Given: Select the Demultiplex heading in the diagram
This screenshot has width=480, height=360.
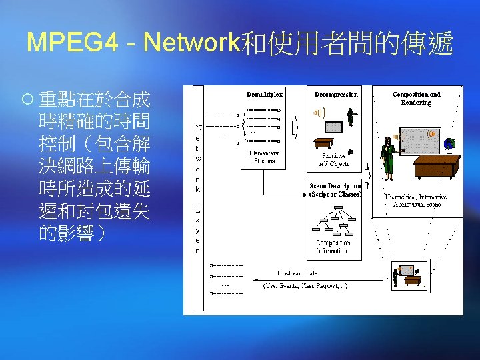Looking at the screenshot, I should click(264, 94).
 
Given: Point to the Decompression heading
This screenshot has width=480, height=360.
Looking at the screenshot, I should click(336, 94).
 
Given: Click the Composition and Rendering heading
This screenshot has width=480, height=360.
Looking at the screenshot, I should click(417, 98).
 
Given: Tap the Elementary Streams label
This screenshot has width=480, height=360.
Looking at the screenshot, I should click(263, 157).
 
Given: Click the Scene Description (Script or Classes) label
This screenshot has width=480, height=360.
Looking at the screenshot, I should click(335, 190).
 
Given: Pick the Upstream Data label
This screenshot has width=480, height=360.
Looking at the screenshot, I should click(297, 273).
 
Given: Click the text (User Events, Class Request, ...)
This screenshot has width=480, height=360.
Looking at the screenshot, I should click(305, 285).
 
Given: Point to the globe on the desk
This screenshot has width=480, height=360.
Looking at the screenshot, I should click(449, 143).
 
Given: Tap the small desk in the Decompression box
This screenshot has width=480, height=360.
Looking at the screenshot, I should click(324, 142).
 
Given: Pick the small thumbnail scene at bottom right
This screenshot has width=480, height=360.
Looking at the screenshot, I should click(408, 274).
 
